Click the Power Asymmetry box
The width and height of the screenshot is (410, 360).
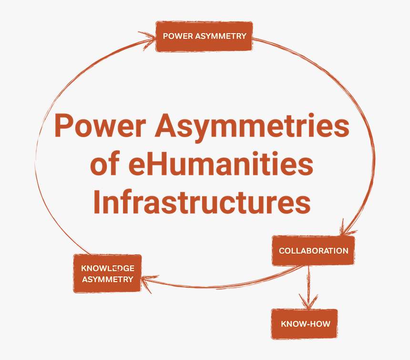pos(204,36)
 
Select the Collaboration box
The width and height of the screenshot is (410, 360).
pos(313,250)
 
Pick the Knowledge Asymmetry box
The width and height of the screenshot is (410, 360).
pos(107,274)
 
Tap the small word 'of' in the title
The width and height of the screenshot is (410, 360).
pos(106,164)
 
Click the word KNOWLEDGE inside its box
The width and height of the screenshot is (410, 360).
pos(107,269)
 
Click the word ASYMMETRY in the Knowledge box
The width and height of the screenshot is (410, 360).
pos(107,280)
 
